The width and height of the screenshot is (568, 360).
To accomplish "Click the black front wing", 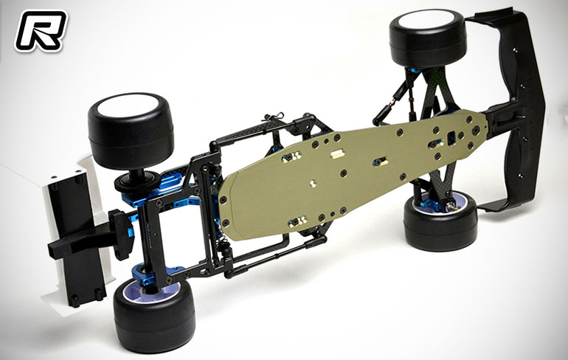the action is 514,108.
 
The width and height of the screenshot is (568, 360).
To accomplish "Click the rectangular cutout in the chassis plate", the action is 451,138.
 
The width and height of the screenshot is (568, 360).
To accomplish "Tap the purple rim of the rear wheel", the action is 152,291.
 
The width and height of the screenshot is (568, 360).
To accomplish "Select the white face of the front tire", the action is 426,20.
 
